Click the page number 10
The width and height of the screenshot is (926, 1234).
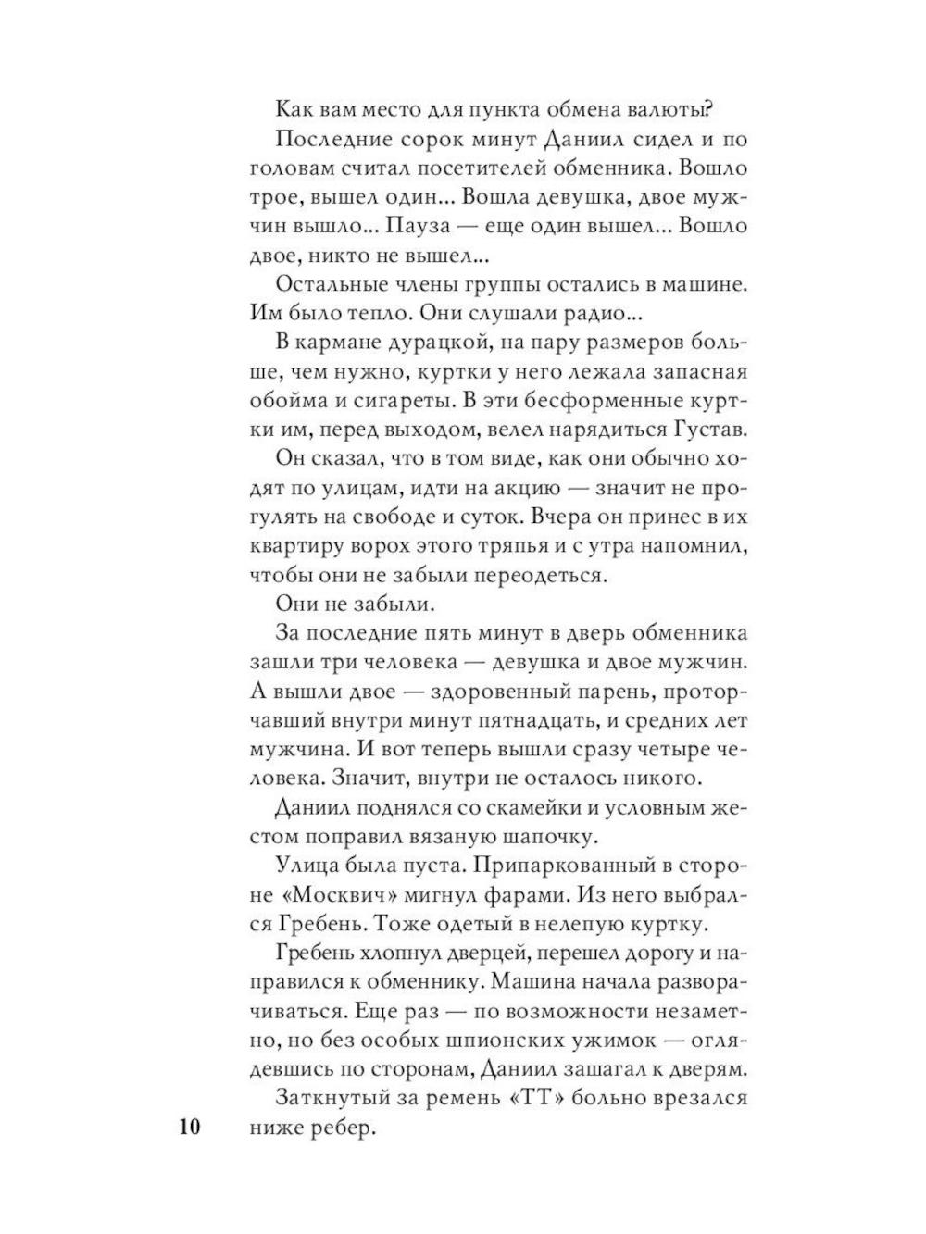(x=185, y=1128)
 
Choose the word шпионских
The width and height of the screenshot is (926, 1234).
(x=503, y=1041)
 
